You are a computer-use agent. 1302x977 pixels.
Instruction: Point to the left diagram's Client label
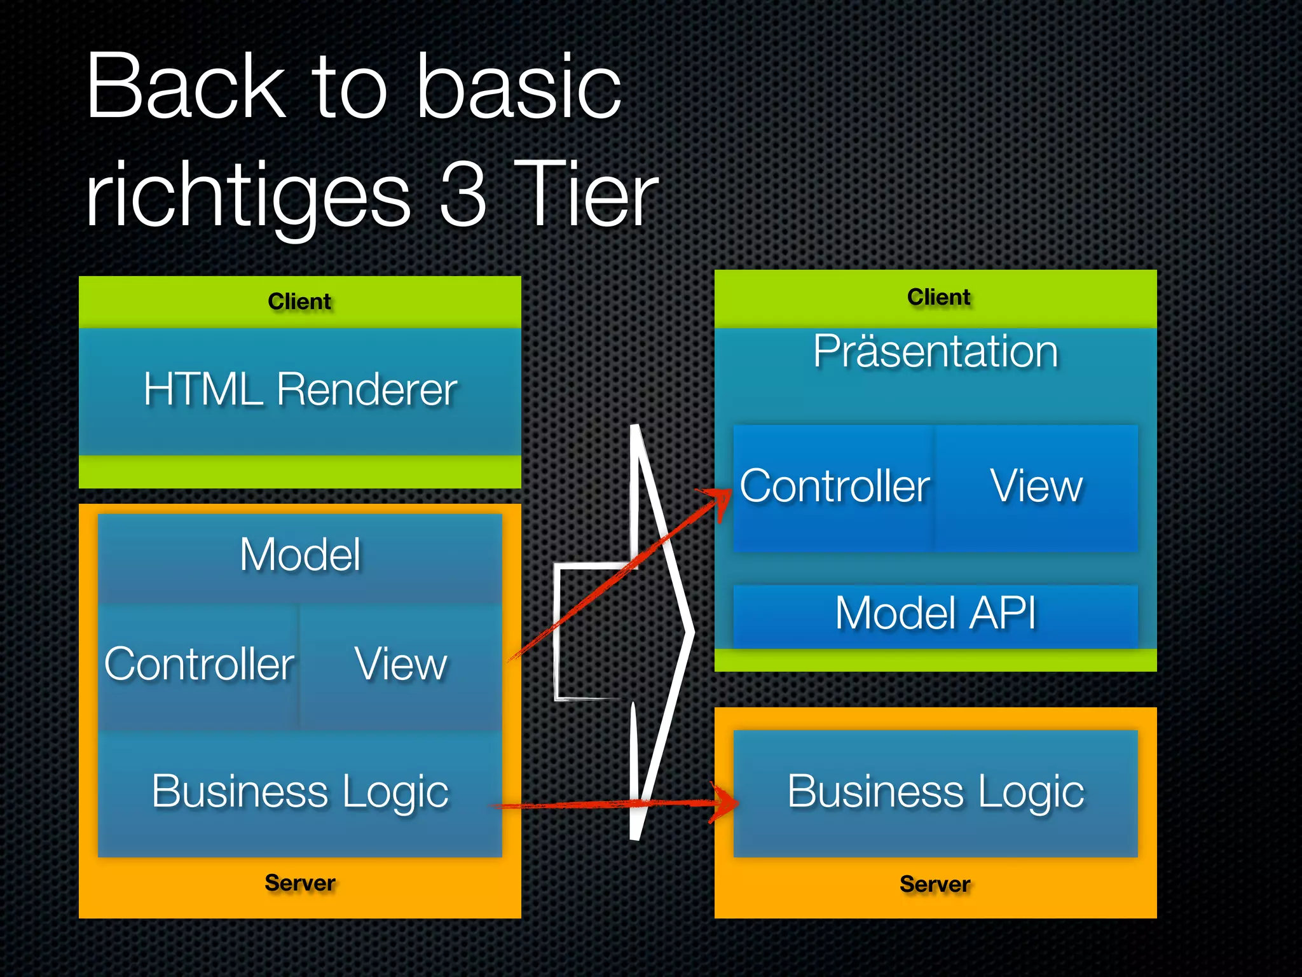[x=299, y=301]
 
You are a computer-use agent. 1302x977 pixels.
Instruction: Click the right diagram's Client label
[x=938, y=297]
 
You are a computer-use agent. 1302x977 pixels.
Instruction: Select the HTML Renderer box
[x=300, y=389]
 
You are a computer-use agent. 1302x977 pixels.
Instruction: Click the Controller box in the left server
[x=199, y=664]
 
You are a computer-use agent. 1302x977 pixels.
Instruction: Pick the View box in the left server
[x=401, y=664]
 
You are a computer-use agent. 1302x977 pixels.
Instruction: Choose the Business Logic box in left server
[x=300, y=791]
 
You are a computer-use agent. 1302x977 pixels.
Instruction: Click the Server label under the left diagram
[x=299, y=883]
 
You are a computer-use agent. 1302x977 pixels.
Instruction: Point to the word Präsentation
[x=935, y=351]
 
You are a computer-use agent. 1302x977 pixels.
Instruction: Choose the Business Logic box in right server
[x=935, y=791]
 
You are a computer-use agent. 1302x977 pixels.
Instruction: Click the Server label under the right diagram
[x=935, y=884]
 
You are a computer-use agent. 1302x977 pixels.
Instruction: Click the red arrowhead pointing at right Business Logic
[x=727, y=803]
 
